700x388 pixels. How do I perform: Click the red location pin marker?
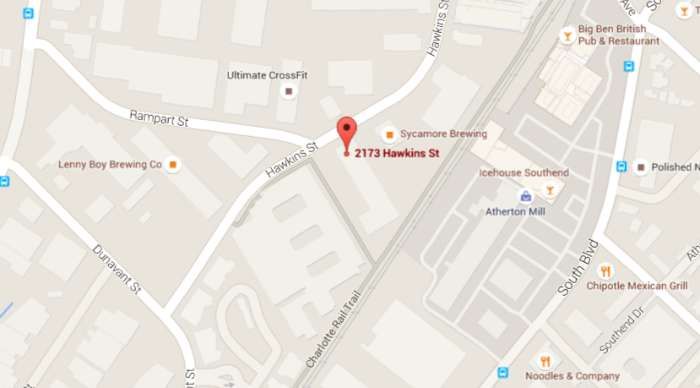[x=346, y=132]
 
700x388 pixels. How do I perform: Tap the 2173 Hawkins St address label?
[x=398, y=152]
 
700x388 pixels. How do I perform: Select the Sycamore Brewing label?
[x=443, y=134]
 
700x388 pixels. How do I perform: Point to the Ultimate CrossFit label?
[x=268, y=75]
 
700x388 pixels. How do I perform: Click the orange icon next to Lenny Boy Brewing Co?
[x=174, y=164]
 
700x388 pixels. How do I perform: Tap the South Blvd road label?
[x=581, y=267]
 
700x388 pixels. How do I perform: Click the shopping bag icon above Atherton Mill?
[x=525, y=196]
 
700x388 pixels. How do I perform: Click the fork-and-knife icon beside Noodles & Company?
[x=545, y=361]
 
